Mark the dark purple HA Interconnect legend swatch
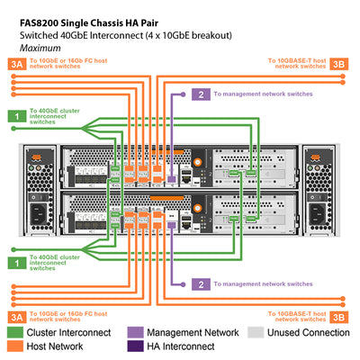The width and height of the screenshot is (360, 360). tap(136, 346)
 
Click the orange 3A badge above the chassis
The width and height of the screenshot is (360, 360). tap(16, 64)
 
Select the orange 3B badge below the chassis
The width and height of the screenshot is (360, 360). tap(338, 316)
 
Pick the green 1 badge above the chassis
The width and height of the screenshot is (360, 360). tap(16, 115)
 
